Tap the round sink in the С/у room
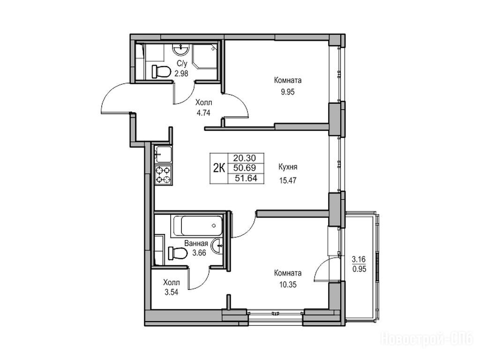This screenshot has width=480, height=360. point(182,49)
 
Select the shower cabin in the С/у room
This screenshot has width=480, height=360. point(204,57)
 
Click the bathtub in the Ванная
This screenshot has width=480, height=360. point(198,226)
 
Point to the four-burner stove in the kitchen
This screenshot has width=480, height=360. point(163,174)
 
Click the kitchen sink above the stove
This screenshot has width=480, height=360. point(164,154)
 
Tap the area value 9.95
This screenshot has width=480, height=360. point(288,92)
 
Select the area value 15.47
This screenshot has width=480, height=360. point(288,180)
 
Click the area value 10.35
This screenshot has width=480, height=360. point(288,285)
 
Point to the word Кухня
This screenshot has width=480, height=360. point(288,167)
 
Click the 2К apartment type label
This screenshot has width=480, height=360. point(219,168)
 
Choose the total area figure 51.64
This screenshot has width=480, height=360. point(246,178)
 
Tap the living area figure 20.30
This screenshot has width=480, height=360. point(244,158)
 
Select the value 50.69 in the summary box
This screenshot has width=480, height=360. point(244,168)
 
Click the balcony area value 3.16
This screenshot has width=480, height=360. point(359,260)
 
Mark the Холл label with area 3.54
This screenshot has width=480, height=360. point(172,282)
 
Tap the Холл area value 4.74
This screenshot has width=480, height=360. point(203,113)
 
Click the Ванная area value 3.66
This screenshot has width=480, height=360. point(199,253)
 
